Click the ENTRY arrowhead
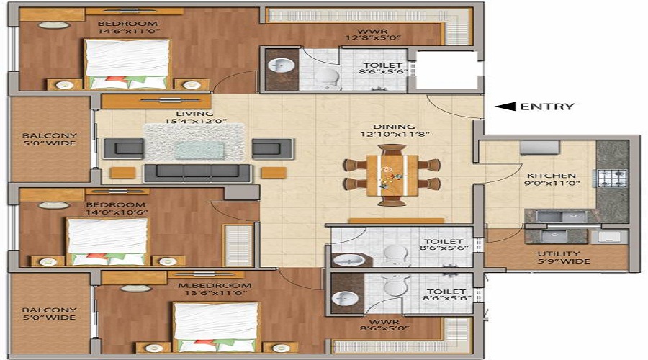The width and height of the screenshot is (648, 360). tap(505, 107)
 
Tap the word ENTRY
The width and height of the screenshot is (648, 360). tap(548, 107)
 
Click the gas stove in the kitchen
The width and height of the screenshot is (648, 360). tap(611, 178)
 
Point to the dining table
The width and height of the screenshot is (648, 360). tap(392, 175)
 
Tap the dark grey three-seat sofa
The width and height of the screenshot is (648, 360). tap(197, 174)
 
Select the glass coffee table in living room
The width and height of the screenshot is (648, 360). tap(200, 150)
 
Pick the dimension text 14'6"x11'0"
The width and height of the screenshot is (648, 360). tap(129, 31)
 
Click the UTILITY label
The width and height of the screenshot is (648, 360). tap(559, 253)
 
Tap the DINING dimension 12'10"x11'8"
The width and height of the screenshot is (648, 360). tap(395, 135)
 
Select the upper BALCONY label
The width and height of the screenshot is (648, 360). tap(49, 135)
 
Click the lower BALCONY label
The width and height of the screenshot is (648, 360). tap(49, 310)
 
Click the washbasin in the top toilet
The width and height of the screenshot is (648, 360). tap(281, 65)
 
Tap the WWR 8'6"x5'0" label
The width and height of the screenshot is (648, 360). tap(384, 325)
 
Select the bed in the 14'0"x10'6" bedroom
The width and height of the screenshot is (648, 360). tap(107, 242)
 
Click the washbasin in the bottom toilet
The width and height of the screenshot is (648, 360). tap(345, 297)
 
